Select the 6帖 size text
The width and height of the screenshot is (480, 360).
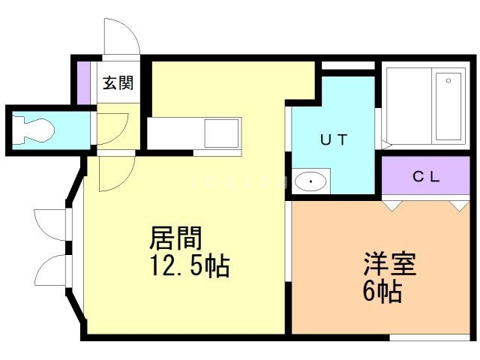[382, 290]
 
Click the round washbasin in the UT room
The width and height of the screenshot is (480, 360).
[310, 181]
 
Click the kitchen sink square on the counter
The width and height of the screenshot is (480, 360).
[223, 134]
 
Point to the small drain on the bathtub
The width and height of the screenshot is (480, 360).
[448, 79]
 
